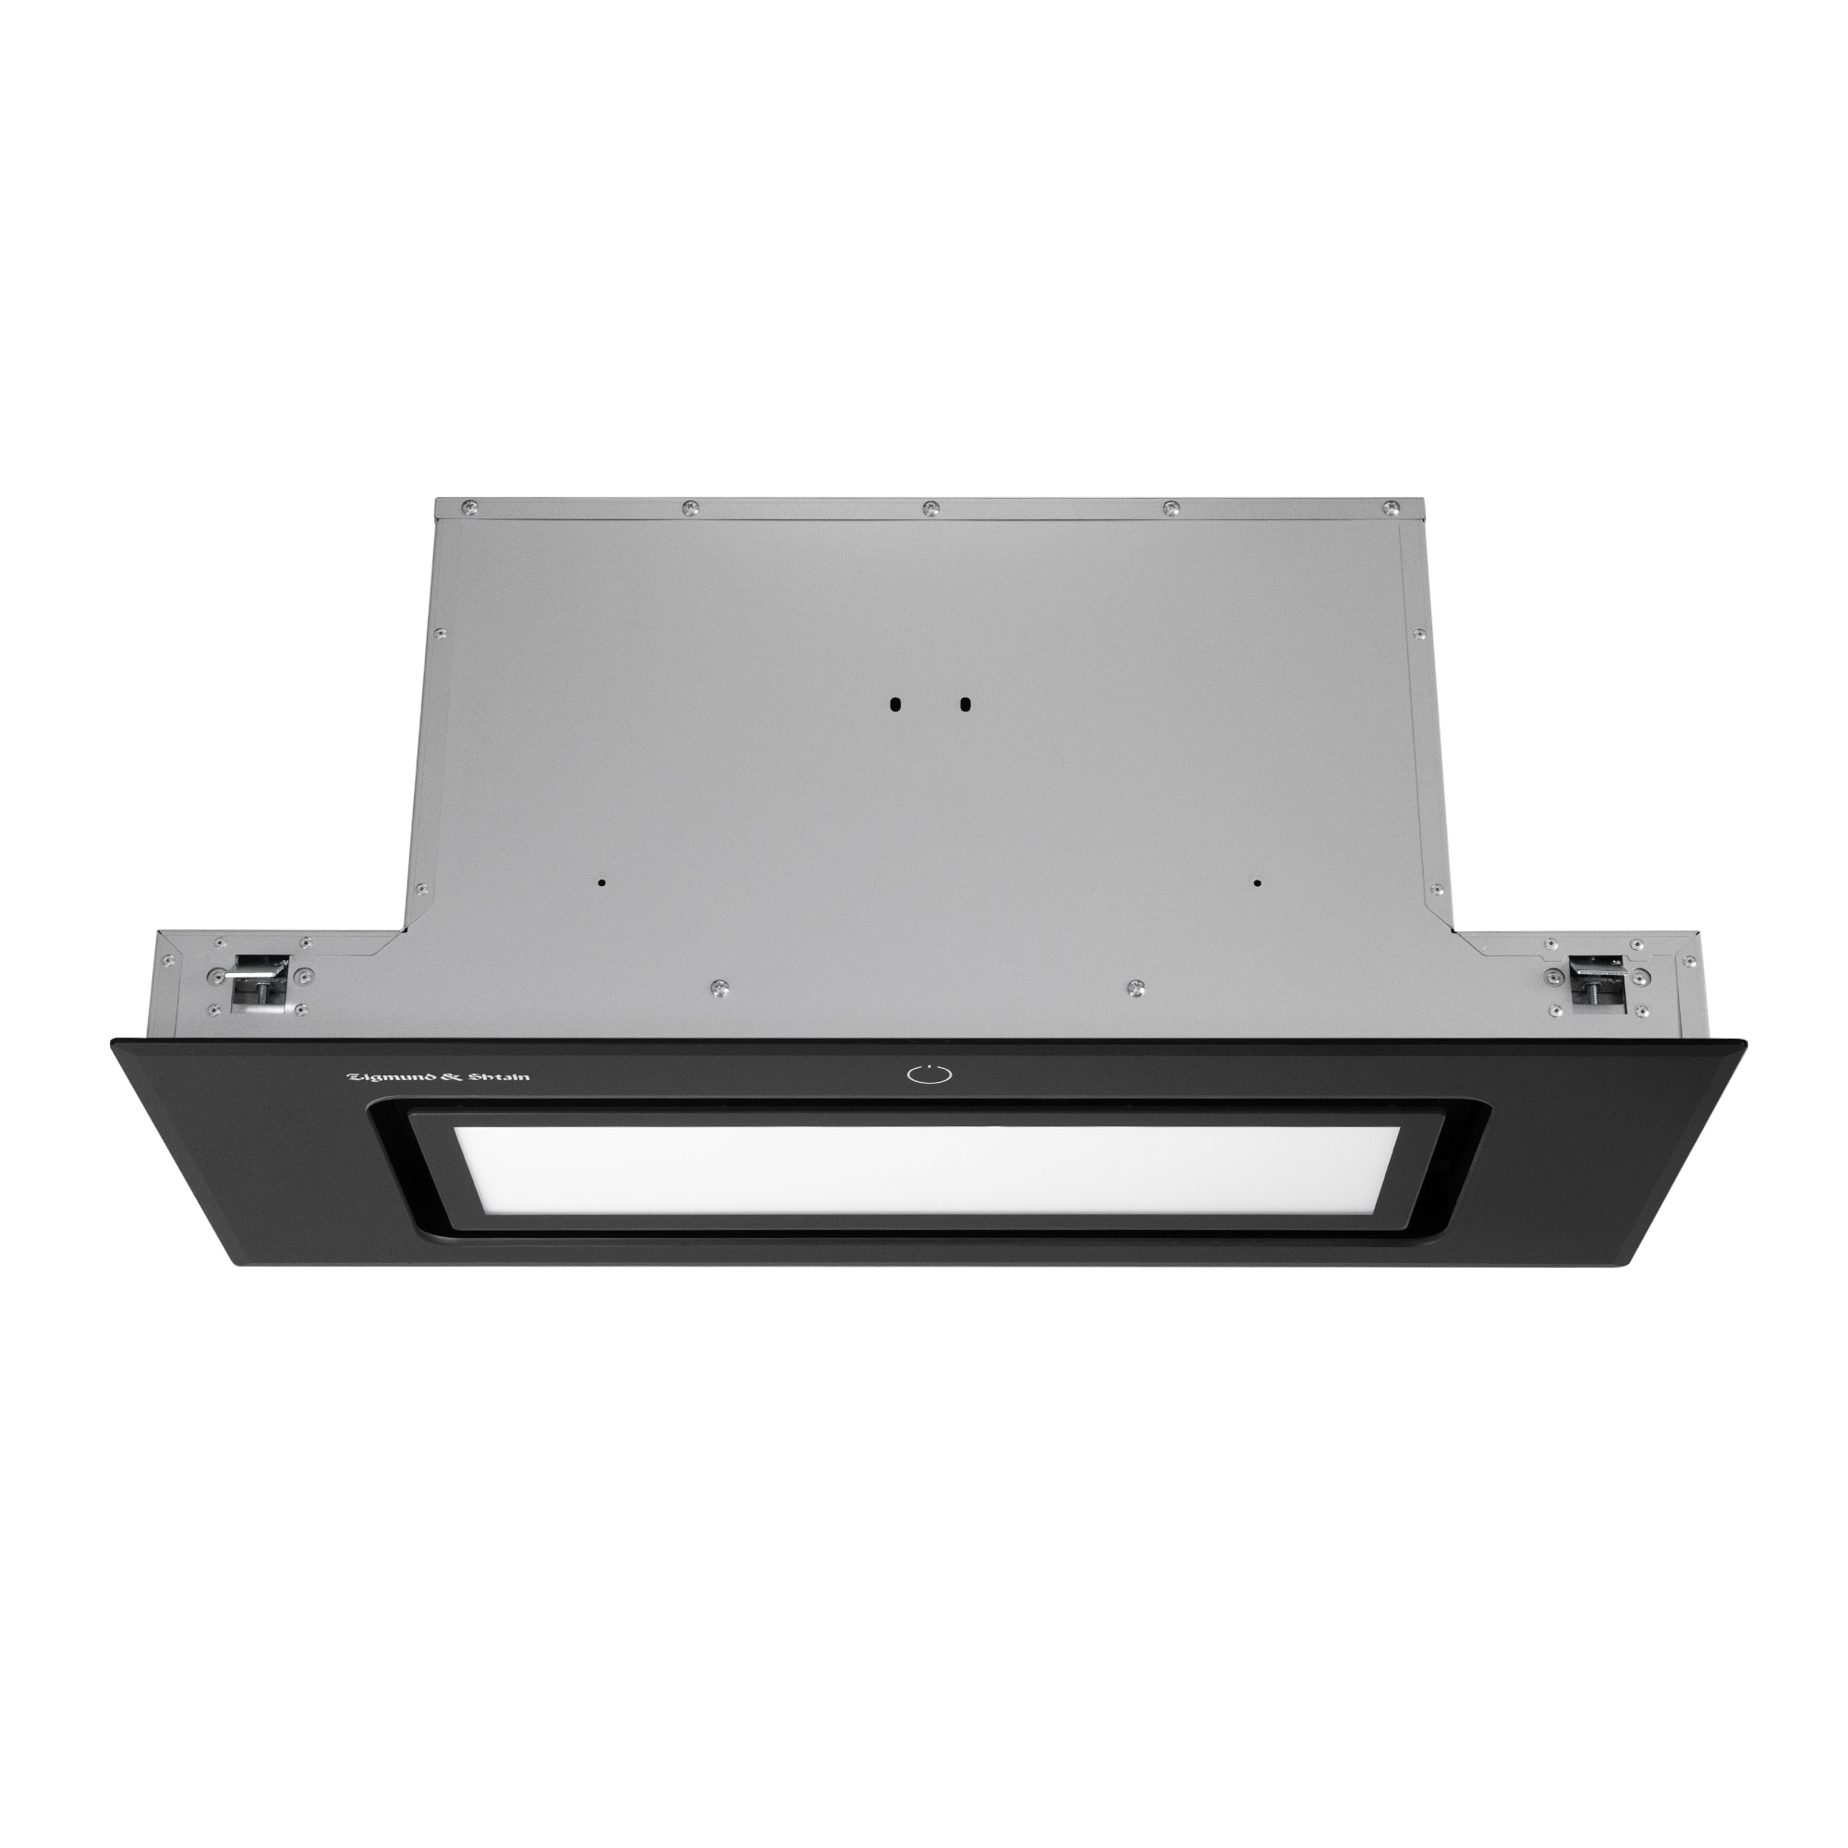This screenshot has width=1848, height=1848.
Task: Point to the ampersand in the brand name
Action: (445, 1077)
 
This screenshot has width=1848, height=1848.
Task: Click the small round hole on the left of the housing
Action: (601, 882)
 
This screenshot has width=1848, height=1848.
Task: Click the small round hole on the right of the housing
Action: (1257, 882)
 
